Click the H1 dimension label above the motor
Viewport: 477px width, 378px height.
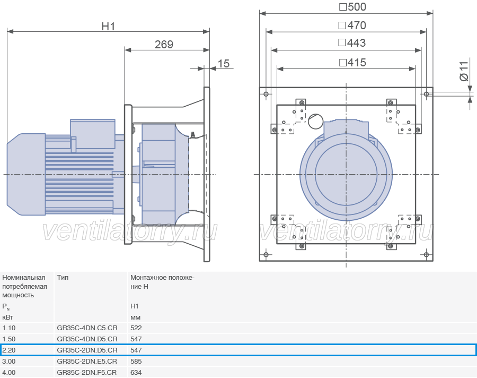(x=108, y=27)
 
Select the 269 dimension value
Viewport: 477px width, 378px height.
(x=164, y=45)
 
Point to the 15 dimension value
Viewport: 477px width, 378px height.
(x=223, y=63)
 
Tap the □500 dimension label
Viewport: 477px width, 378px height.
(x=352, y=7)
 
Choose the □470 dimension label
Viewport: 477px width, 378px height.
(x=352, y=25)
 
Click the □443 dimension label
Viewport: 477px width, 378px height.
(x=352, y=42)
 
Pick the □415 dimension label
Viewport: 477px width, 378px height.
(x=352, y=63)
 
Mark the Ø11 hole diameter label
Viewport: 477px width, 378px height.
(x=464, y=71)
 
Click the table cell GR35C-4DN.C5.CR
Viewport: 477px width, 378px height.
(x=87, y=328)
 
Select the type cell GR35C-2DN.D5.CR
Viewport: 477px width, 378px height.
(x=87, y=350)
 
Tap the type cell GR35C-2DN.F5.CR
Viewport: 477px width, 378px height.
(x=87, y=373)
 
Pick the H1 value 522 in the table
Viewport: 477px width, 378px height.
(x=136, y=328)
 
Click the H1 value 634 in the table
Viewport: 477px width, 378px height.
(x=136, y=373)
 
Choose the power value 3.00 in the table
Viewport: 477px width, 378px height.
(x=9, y=362)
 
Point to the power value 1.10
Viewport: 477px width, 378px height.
(x=9, y=328)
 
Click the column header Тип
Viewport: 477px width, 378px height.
(x=63, y=278)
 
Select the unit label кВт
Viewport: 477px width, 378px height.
(x=7, y=317)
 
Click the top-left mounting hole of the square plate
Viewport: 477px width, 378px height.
(x=266, y=94)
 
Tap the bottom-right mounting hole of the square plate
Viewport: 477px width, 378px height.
(x=426, y=254)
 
